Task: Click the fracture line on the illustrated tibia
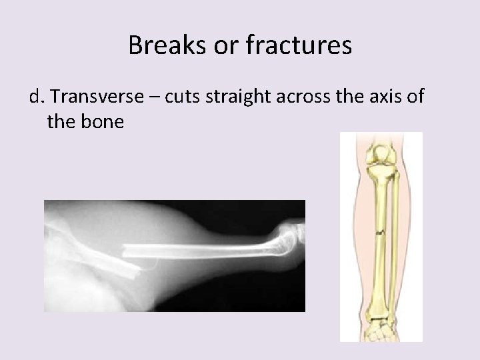(379, 233)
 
